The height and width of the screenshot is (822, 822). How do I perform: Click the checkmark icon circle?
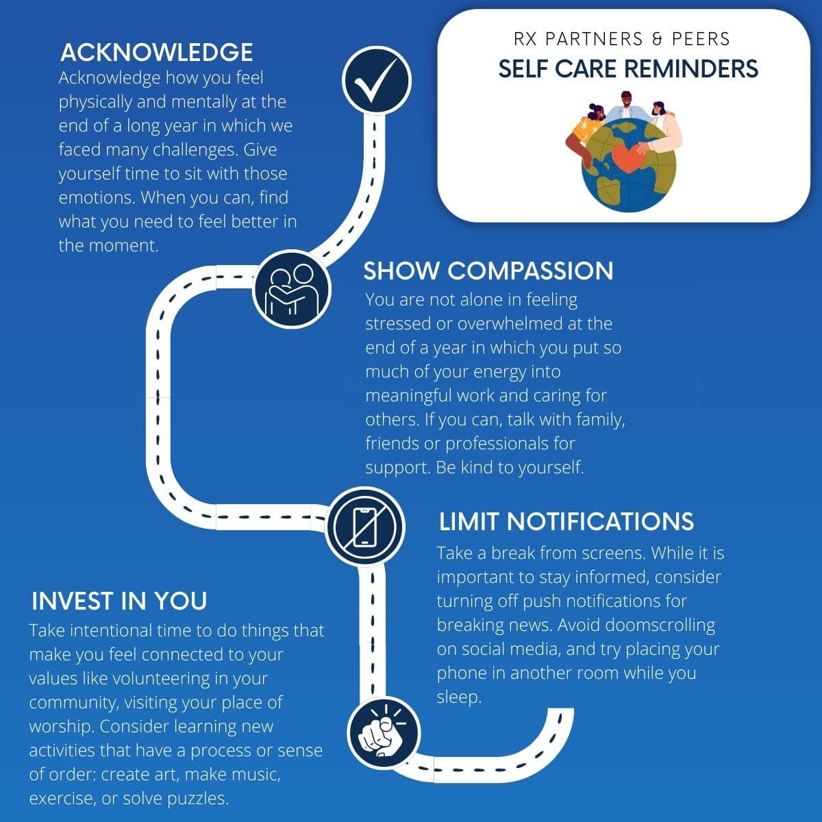[x=376, y=81]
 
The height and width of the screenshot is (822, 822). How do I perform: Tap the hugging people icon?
[x=291, y=289]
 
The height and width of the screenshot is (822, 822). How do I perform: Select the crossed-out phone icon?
[x=364, y=526]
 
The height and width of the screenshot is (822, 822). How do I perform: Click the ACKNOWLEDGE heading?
[x=157, y=53]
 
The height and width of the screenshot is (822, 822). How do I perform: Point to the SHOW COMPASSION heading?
[x=488, y=271]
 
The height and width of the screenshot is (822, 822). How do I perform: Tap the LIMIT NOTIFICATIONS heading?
[x=566, y=521]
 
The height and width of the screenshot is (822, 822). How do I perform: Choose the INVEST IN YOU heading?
[x=119, y=601]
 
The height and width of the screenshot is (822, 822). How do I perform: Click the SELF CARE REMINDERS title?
[x=628, y=68]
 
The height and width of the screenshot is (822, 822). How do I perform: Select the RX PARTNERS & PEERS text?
[x=621, y=39]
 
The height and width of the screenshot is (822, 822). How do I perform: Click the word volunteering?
[x=156, y=679]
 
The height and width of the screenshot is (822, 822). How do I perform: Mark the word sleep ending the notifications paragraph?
[x=458, y=698]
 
